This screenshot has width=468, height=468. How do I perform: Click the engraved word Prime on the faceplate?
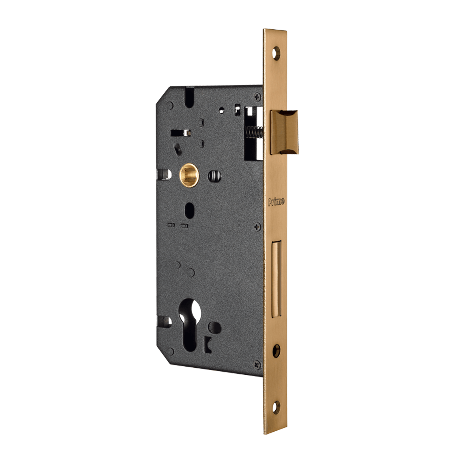(x=276, y=202)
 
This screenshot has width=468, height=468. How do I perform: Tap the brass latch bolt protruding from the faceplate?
(x=284, y=132)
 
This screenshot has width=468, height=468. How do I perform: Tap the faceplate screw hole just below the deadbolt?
(x=276, y=351)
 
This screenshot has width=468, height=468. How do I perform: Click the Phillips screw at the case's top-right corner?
(x=257, y=97)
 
